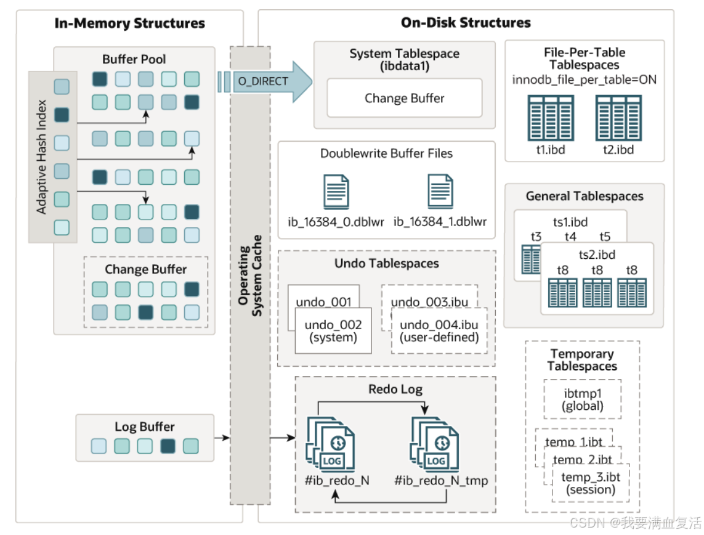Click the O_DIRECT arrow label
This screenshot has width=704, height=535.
(x=262, y=81)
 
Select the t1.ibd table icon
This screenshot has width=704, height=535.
(x=551, y=118)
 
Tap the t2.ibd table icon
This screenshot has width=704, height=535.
(x=618, y=118)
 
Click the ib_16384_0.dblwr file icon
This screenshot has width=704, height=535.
(x=336, y=192)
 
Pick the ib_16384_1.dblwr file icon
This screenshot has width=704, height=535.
(x=440, y=191)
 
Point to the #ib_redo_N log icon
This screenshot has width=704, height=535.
(x=331, y=444)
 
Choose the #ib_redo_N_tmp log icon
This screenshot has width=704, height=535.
(x=435, y=444)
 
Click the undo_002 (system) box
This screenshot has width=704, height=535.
(x=333, y=330)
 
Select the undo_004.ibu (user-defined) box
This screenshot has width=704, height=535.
(x=439, y=330)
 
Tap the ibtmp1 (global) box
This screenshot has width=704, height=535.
(x=582, y=399)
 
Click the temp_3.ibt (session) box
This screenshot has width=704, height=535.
(x=591, y=483)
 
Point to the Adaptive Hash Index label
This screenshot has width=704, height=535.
(x=41, y=157)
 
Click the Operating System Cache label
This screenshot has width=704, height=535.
(x=250, y=276)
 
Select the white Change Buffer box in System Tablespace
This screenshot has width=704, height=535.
(x=405, y=98)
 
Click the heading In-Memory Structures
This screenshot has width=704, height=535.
(x=130, y=23)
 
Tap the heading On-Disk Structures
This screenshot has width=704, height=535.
(x=466, y=22)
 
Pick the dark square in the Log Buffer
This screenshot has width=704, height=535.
(x=168, y=446)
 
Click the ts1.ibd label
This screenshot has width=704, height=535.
(x=570, y=222)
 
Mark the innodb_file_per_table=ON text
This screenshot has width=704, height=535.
(x=584, y=80)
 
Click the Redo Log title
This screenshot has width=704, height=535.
(x=395, y=389)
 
